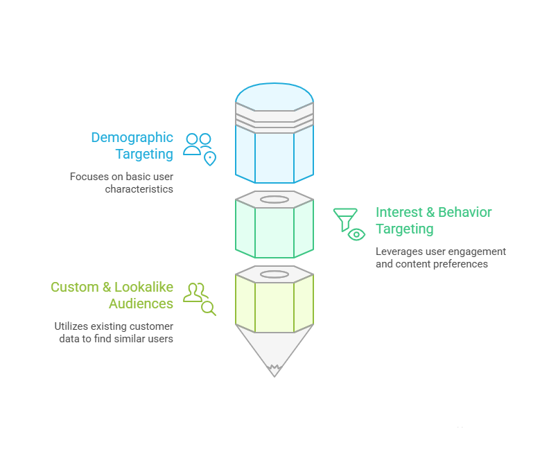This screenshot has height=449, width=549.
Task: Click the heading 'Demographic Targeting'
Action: [132, 146]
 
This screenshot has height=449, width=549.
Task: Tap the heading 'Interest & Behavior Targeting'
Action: [433, 220]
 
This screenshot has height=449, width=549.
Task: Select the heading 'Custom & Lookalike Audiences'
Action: [112, 295]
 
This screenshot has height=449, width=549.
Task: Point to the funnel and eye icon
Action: [349, 224]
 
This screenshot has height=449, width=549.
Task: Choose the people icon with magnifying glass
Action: [199, 298]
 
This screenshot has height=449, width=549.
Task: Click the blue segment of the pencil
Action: [274, 156]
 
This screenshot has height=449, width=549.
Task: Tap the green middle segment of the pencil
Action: [274, 232]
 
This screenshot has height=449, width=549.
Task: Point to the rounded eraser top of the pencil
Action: [274, 96]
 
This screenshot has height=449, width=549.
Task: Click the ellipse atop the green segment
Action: [274, 200]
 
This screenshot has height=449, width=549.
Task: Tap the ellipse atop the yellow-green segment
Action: [274, 274]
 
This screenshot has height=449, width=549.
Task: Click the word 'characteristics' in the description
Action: [139, 188]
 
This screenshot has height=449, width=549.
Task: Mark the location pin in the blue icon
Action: [209, 159]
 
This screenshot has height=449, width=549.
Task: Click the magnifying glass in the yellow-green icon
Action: [208, 308]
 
